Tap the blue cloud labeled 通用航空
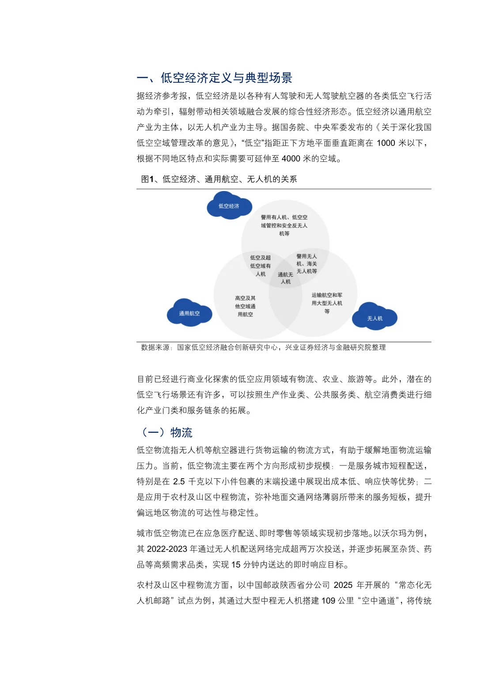pyautogui.click(x=189, y=313)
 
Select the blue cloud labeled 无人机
pyautogui.click(x=375, y=318)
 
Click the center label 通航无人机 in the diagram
pyautogui.click(x=285, y=278)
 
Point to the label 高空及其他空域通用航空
pyautogui.click(x=245, y=306)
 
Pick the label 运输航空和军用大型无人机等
pyautogui.click(x=327, y=303)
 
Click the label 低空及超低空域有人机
pyautogui.click(x=260, y=266)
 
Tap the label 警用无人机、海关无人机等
pyautogui.click(x=307, y=264)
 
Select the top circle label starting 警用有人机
pyautogui.click(x=284, y=225)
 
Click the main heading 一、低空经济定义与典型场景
pyautogui.click(x=215, y=78)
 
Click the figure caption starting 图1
pyautogui.click(x=219, y=179)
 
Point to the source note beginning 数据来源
pyautogui.click(x=263, y=347)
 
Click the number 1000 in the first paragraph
pyautogui.click(x=386, y=143)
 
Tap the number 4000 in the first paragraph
pyautogui.click(x=291, y=158)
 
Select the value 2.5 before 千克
pyautogui.click(x=179, y=481)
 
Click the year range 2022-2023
pyautogui.click(x=167, y=549)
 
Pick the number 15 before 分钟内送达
pyautogui.click(x=236, y=564)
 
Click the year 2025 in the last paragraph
pyautogui.click(x=343, y=585)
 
